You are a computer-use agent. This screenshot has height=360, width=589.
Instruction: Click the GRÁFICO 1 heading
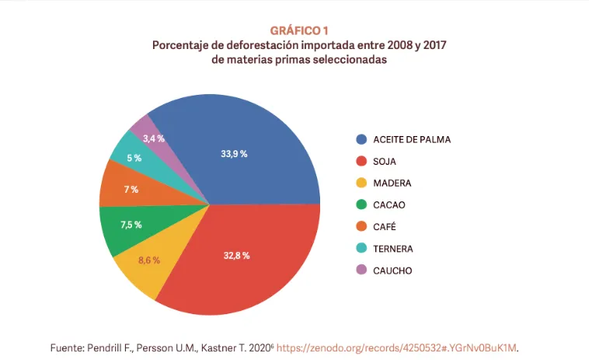[299, 30]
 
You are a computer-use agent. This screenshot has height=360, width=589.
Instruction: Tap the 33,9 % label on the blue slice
[234, 154]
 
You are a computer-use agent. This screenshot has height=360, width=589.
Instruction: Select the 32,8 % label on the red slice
[235, 254]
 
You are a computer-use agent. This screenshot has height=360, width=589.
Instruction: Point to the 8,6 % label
[149, 260]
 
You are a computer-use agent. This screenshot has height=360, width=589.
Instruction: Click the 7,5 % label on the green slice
[131, 225]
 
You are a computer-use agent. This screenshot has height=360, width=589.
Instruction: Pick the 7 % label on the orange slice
[130, 190]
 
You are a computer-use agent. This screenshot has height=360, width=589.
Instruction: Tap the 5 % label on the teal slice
[134, 158]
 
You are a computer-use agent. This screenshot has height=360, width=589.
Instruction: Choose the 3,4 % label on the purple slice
[154, 138]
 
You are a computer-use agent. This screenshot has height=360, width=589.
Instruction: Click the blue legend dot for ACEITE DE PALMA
[361, 140]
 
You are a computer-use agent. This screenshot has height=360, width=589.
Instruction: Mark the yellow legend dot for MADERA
[361, 183]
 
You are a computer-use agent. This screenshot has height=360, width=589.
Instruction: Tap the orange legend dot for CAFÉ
[361, 227]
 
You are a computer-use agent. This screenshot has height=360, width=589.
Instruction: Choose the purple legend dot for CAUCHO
[361, 271]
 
